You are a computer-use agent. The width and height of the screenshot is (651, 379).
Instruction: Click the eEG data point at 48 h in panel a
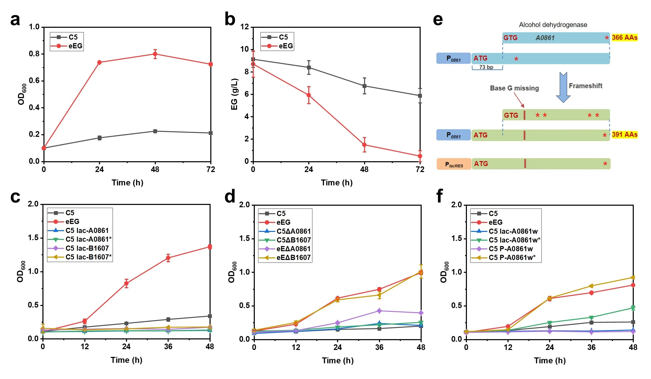(x=155, y=54)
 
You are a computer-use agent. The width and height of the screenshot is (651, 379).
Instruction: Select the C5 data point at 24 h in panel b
(x=309, y=67)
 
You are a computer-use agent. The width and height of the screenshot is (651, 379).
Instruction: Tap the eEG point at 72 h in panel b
(x=420, y=156)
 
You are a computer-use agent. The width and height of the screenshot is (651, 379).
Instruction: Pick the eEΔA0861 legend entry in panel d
(x=293, y=249)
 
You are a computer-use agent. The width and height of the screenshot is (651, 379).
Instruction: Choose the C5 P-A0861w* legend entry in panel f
(x=512, y=257)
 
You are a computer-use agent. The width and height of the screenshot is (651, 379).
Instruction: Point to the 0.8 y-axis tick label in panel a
(x=34, y=54)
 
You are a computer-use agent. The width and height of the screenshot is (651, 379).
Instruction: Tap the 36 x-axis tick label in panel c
(x=168, y=346)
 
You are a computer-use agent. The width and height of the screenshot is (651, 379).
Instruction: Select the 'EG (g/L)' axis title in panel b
(x=234, y=94)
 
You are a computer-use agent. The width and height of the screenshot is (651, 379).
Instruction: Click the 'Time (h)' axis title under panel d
(x=338, y=360)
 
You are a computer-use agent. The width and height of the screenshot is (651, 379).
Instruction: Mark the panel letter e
(x=438, y=20)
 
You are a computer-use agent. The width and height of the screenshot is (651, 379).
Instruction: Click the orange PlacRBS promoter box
(x=454, y=164)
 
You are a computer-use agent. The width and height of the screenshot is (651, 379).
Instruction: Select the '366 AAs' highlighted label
(x=624, y=38)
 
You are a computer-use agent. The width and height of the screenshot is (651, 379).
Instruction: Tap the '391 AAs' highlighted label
(x=624, y=134)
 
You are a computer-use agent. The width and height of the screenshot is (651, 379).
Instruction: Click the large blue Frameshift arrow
(x=563, y=87)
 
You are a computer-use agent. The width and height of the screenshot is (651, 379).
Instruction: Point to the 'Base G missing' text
(x=514, y=88)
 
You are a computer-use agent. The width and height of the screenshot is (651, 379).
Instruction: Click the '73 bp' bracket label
(x=486, y=67)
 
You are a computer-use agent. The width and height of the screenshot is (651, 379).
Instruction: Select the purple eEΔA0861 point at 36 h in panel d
(x=379, y=311)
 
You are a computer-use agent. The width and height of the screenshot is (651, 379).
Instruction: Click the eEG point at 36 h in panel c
(x=168, y=258)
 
